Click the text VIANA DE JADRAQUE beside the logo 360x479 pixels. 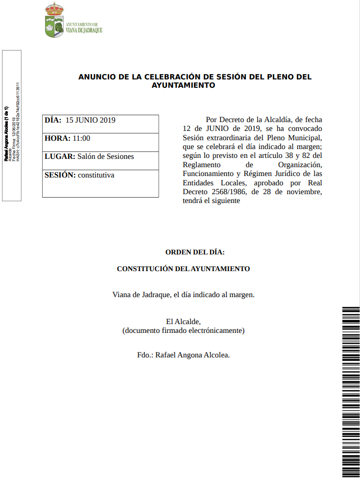(x=84, y=30)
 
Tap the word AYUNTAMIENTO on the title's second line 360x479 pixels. (x=183, y=85)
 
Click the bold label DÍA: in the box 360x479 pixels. (x=53, y=120)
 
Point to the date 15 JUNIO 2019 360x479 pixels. (x=90, y=120)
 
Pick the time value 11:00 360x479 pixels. (x=81, y=138)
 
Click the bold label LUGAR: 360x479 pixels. (x=60, y=156)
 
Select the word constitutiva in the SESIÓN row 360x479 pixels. (x=96, y=175)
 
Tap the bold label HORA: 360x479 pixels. (x=57, y=138)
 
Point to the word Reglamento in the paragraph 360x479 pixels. (x=200, y=165)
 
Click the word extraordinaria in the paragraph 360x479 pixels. (x=227, y=138)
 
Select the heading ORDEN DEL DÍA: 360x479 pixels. (x=195, y=252)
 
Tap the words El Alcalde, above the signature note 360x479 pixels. (x=183, y=322)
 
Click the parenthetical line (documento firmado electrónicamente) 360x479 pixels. (x=183, y=330)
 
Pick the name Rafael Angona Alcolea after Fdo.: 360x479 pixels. (x=192, y=354)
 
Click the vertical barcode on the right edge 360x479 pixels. (x=351, y=392)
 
